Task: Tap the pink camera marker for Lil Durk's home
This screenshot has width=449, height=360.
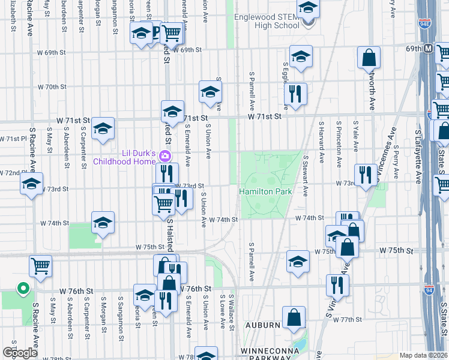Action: pyautogui.click(x=166, y=157)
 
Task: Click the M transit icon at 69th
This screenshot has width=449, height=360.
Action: pyautogui.click(x=429, y=48)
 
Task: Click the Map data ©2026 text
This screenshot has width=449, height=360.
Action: pyautogui.click(x=423, y=355)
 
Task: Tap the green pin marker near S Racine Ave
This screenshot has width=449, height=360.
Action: pyautogui.click(x=23, y=289)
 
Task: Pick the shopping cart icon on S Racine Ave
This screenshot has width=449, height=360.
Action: pyautogui.click(x=40, y=265)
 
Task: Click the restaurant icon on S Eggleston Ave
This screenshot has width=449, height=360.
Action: pyautogui.click(x=295, y=94)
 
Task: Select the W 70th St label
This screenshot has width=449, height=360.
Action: pyautogui.click(x=52, y=86)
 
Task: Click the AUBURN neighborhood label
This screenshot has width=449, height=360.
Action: pyautogui.click(x=263, y=325)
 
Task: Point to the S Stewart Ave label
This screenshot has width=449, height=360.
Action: pyautogui.click(x=306, y=176)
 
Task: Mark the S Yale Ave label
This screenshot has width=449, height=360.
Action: pyautogui.click(x=356, y=141)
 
